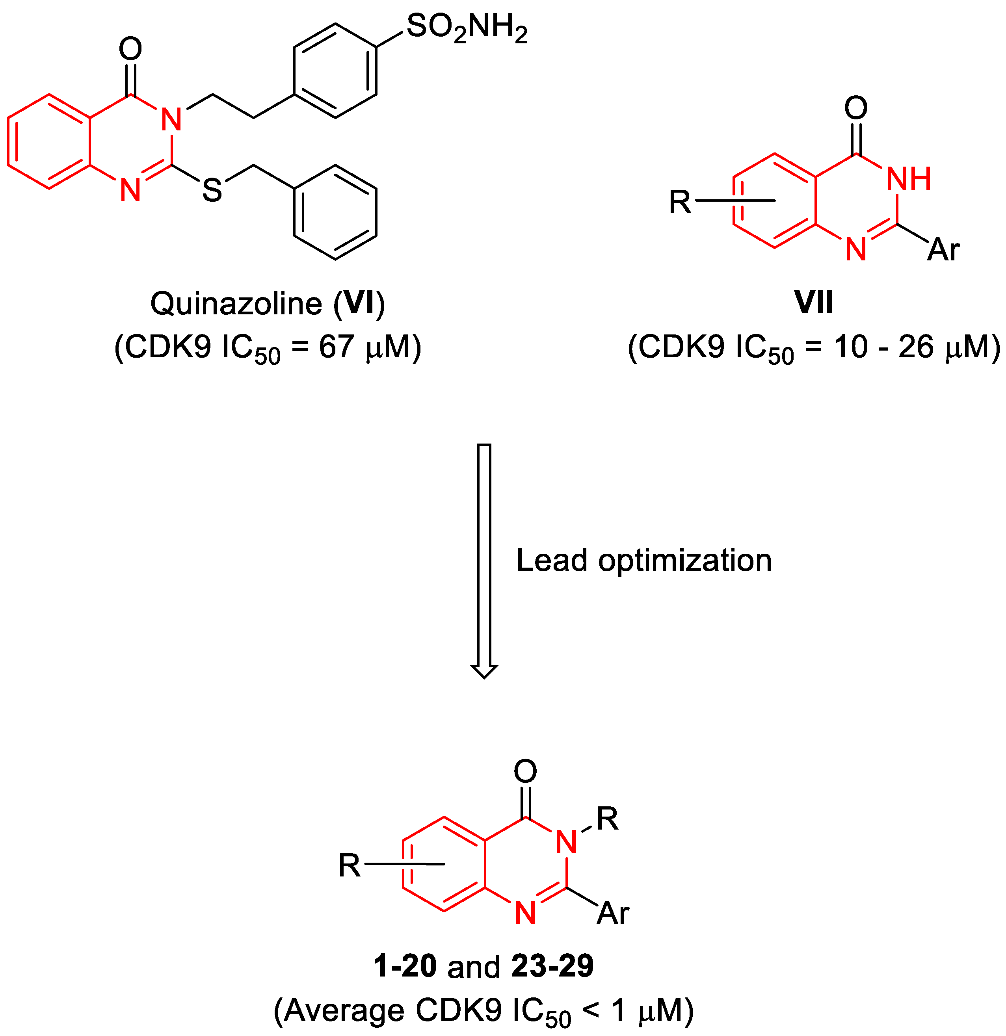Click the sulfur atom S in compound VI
pos(212,190)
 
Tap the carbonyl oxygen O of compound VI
pos(130,49)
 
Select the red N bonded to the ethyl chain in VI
pos(171,119)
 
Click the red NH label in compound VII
pos(908,179)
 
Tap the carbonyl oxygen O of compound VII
pos(855,108)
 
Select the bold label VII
pos(814,303)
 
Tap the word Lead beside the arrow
pos(551,560)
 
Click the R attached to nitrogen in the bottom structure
pos(607,819)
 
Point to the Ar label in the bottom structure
pos(613,913)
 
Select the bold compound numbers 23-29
pos(552,966)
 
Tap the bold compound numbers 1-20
pos(405,966)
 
